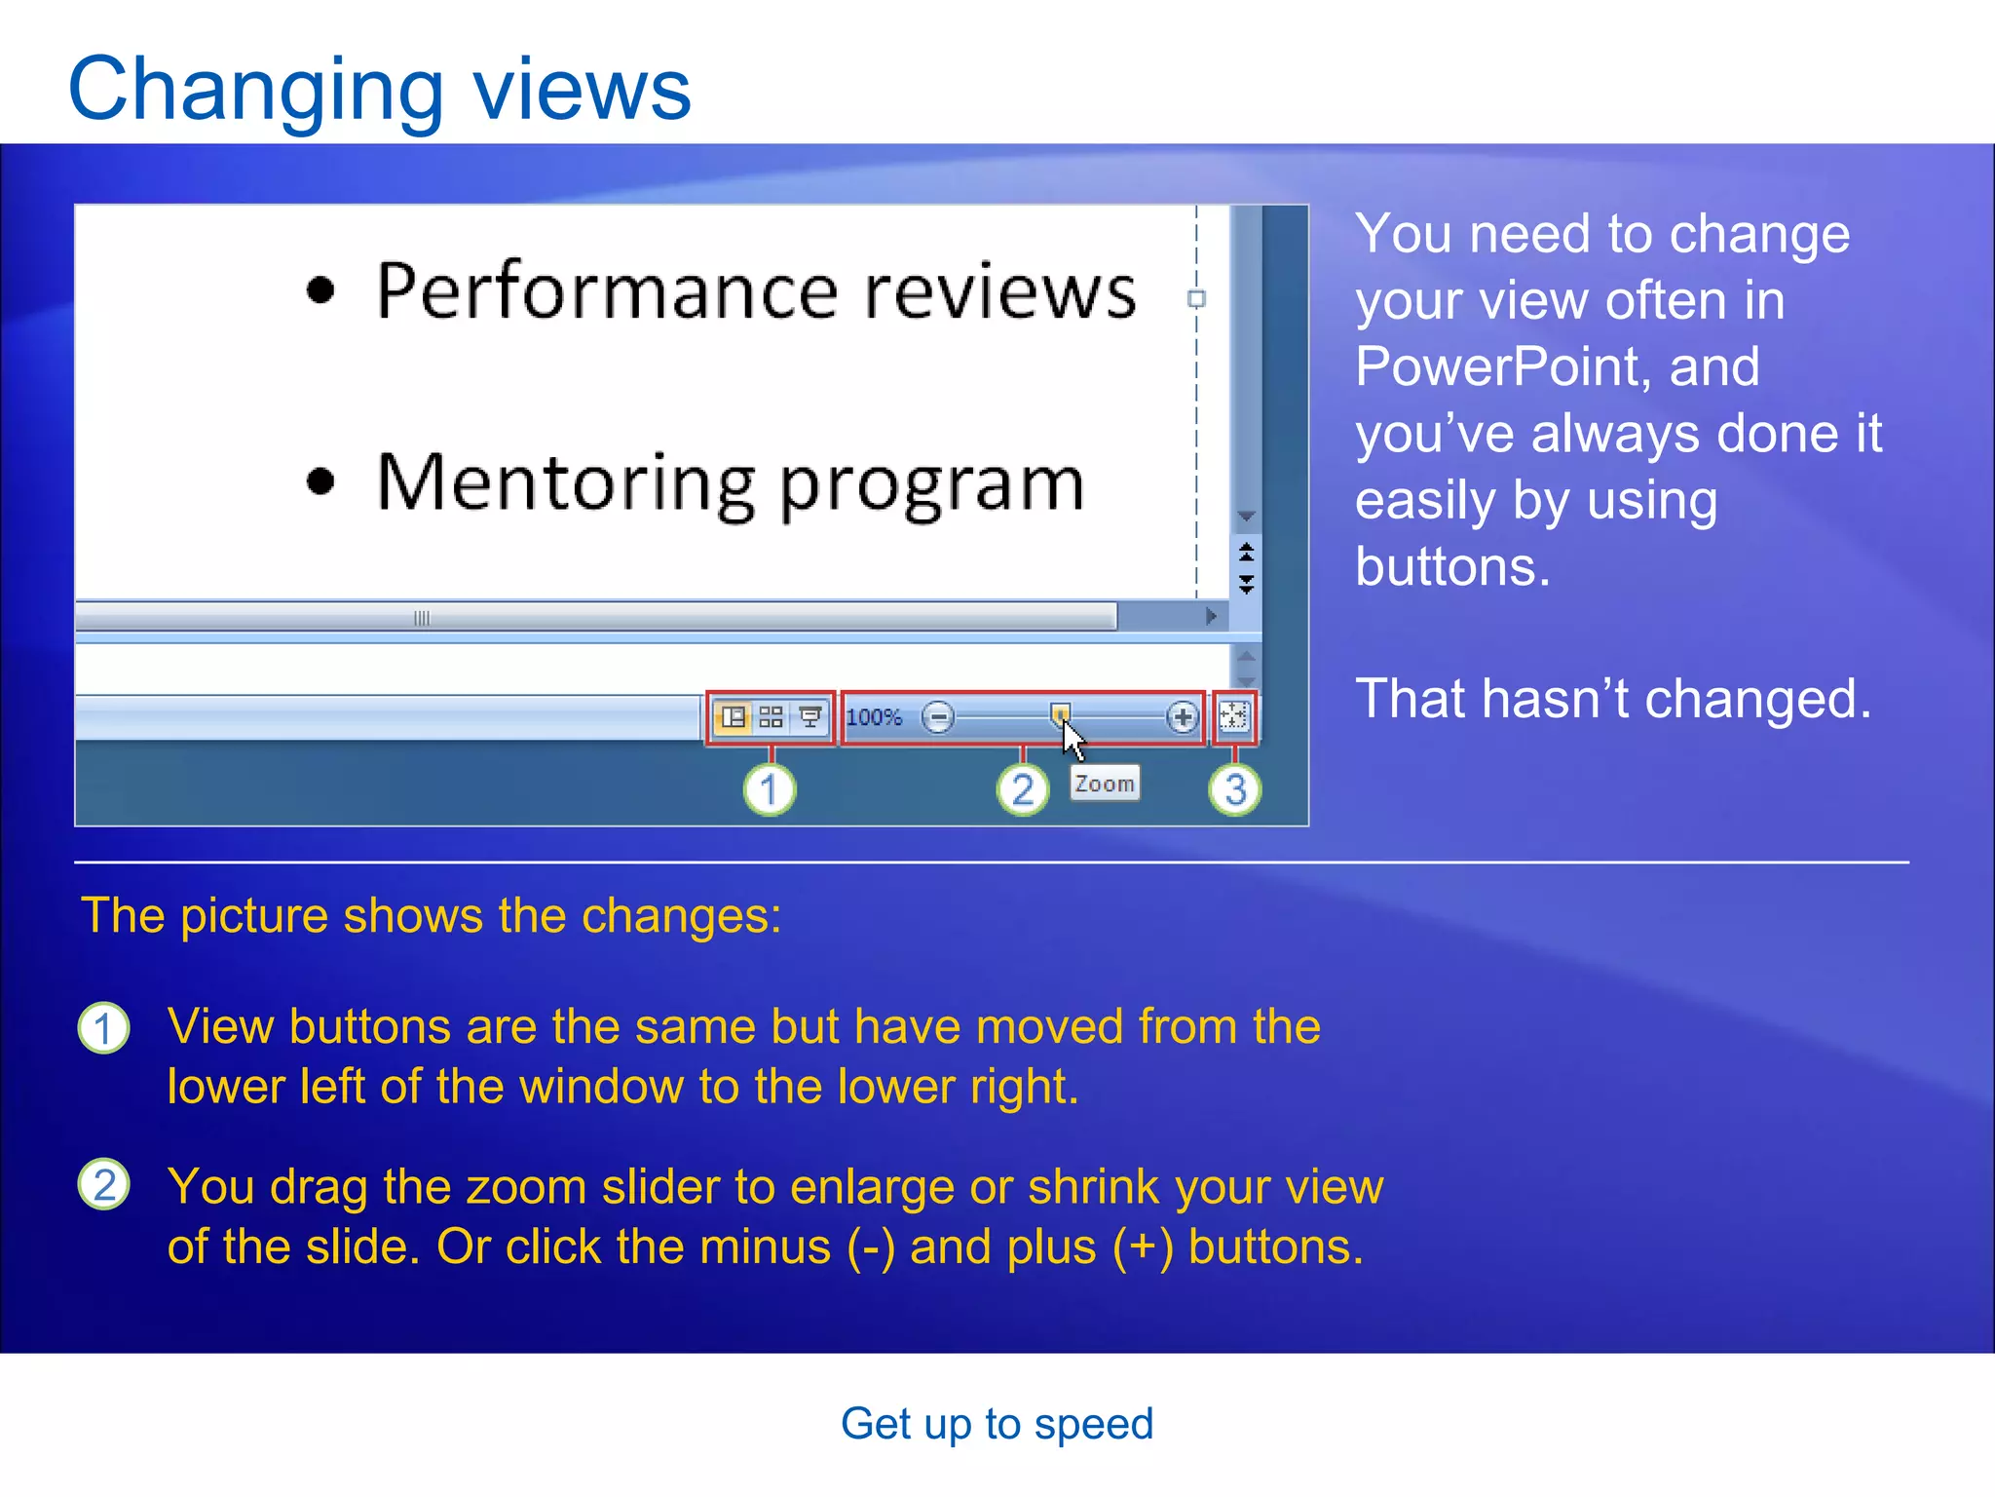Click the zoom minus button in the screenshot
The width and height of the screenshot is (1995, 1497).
938,718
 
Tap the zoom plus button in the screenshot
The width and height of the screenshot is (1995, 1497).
1182,718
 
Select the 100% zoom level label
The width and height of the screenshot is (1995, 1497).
874,718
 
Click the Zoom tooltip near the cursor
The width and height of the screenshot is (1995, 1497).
1104,784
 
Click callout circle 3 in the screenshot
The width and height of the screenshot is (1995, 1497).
1234,789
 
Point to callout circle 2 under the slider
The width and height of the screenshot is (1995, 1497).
1022,789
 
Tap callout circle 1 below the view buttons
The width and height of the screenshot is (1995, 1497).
770,789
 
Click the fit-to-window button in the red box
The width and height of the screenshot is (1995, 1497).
1233,717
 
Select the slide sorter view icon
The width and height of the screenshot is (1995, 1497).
771,718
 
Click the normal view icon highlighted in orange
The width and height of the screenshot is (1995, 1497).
733,718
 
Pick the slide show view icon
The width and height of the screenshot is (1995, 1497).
809,718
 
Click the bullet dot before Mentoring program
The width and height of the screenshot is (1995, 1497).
320,481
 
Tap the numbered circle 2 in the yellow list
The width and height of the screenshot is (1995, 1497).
103,1185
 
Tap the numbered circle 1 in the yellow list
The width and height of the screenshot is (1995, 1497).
103,1028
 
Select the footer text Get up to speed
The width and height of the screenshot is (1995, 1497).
997,1424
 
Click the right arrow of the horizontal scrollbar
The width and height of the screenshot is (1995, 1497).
1211,616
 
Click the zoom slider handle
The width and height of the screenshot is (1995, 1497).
1060,713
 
